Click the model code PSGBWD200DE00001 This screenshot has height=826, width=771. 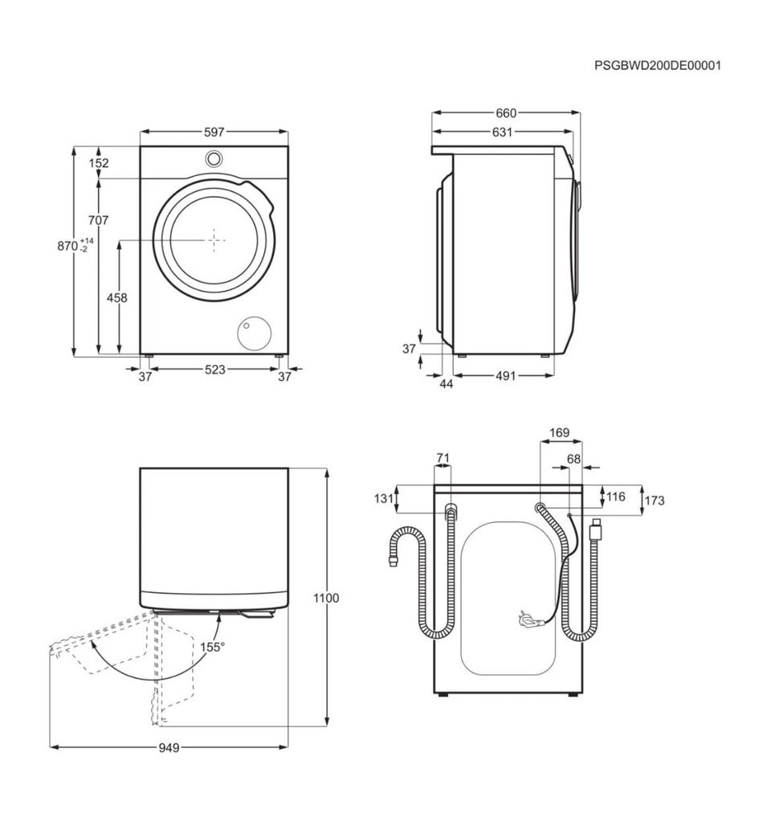click(657, 66)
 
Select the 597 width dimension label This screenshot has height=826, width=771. click(214, 133)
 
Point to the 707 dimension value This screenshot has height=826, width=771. click(99, 219)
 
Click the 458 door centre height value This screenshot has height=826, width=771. click(117, 297)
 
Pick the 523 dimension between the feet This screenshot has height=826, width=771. click(215, 370)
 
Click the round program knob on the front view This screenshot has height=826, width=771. click(214, 158)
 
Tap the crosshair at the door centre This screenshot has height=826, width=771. click(214, 240)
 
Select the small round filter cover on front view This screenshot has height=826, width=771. click(255, 333)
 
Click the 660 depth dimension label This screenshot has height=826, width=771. click(506, 113)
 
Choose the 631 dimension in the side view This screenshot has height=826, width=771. click(502, 133)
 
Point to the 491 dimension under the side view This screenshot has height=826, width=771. click(505, 376)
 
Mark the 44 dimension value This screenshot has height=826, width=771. click(446, 384)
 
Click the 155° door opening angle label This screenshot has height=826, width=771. click(212, 647)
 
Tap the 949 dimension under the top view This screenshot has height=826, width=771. click(169, 747)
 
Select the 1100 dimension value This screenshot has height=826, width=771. click(326, 598)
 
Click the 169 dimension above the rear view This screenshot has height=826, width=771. click(559, 432)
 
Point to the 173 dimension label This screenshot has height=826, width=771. click(654, 501)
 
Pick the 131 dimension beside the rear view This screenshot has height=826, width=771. click(384, 498)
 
